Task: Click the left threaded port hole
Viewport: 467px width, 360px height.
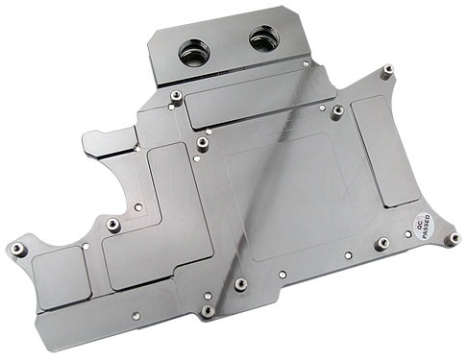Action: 194,53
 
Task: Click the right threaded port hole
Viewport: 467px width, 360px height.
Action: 264,39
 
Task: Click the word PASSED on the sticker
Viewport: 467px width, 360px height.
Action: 427,228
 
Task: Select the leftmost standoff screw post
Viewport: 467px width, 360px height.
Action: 17,249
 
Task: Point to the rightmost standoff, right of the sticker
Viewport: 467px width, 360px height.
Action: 454,238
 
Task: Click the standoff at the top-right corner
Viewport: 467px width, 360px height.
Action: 388,69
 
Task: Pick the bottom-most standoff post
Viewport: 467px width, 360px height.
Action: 208,310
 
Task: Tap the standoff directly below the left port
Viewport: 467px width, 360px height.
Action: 176,96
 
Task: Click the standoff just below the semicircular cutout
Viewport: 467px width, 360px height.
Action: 113,225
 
